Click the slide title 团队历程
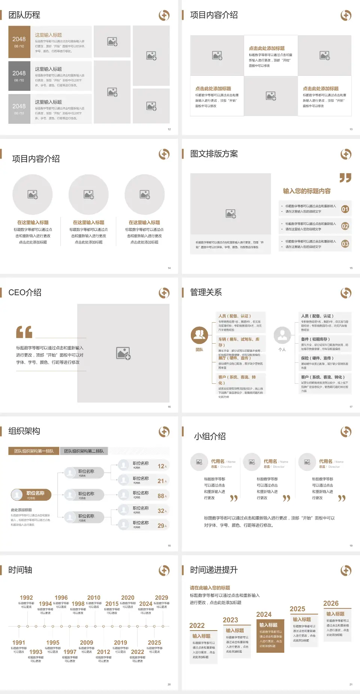coord(24,15)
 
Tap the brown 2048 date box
coord(19,42)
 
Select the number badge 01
coord(345,209)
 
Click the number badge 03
coord(345,244)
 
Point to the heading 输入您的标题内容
coord(307,191)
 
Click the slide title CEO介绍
coord(25,293)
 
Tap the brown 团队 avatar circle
coord(199,335)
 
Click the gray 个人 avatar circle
coord(282,335)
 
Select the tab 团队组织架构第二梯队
coord(84,451)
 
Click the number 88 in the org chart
coord(161,496)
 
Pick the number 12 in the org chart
coord(161,466)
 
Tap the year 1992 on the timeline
coord(26,598)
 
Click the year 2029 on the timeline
coord(161,598)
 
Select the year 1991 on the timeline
coord(19,643)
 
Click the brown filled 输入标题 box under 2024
coord(270,635)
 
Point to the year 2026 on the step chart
coord(331,604)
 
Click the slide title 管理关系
coord(206,293)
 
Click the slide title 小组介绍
coord(210,436)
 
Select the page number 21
coord(351,684)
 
